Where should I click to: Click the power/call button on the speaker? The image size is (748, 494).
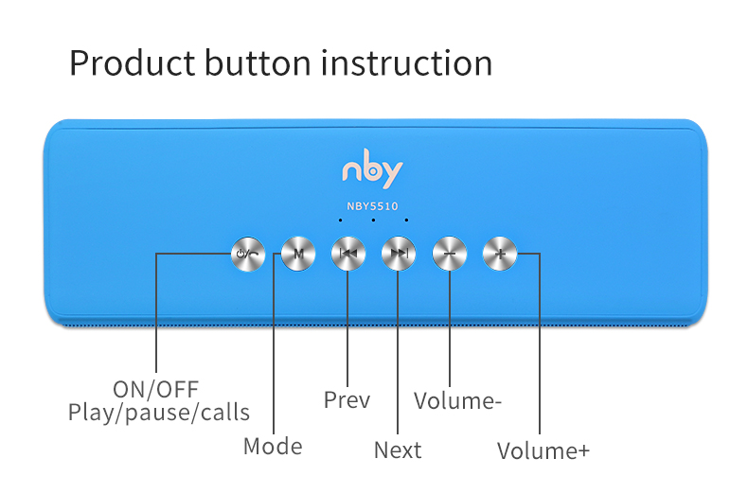(248, 254)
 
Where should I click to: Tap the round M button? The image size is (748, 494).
(298, 254)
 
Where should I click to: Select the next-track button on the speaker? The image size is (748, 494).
(399, 254)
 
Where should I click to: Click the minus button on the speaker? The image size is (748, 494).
(450, 254)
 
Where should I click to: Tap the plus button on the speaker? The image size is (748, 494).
(500, 254)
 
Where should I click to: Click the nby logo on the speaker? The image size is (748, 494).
(372, 168)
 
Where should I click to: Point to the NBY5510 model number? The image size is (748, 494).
(372, 206)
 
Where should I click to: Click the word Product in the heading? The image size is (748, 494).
(133, 64)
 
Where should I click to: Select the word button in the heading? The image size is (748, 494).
(258, 63)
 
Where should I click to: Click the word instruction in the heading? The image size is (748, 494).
(406, 63)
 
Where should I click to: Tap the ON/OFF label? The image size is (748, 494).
(156, 390)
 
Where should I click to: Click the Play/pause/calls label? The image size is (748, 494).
(159, 413)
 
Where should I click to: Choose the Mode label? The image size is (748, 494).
(273, 447)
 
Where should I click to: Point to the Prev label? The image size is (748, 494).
(347, 400)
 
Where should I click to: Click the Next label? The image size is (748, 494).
(398, 450)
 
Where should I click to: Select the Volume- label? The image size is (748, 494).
(457, 401)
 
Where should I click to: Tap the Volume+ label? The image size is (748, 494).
(543, 451)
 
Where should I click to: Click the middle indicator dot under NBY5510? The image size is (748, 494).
(373, 220)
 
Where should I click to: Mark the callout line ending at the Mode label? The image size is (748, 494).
(274, 344)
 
